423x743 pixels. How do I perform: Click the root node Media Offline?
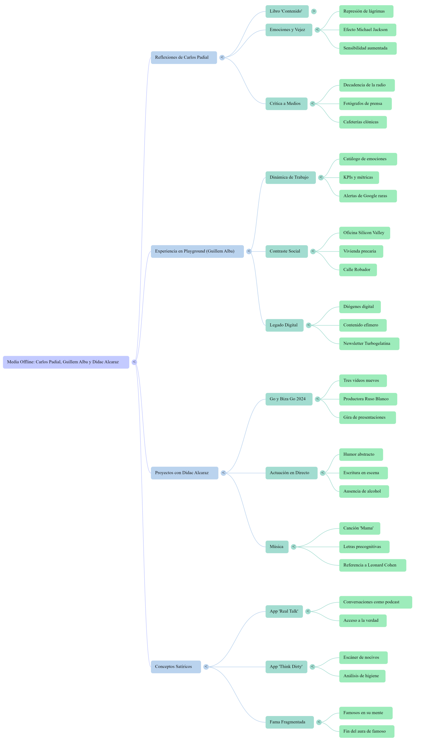coord(66,362)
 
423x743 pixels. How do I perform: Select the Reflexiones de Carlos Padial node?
coord(183,57)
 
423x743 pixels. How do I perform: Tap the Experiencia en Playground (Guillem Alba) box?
coord(197,251)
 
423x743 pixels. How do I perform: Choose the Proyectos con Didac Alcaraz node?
coord(184,473)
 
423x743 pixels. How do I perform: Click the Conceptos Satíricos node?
coord(175,666)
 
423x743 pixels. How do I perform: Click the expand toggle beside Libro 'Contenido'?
coord(314,11)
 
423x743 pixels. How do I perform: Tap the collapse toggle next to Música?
coord(294,547)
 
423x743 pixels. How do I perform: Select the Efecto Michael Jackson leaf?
coord(368,30)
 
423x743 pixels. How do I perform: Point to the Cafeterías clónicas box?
coord(363,122)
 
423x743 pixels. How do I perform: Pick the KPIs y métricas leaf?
coord(359,177)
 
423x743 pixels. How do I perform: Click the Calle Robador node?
coord(358,270)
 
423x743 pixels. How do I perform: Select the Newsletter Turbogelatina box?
coord(369,343)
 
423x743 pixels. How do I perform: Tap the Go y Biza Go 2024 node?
coord(289,399)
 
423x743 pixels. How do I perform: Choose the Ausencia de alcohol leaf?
coord(364,491)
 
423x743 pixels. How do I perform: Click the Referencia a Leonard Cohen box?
coord(372,565)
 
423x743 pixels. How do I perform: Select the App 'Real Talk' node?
coord(284,611)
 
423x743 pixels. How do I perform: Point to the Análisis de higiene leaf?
coord(362,676)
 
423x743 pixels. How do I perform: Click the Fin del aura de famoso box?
coord(366,731)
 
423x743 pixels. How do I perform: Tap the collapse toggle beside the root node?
coord(134,362)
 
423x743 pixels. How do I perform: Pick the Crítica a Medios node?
coord(286,104)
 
